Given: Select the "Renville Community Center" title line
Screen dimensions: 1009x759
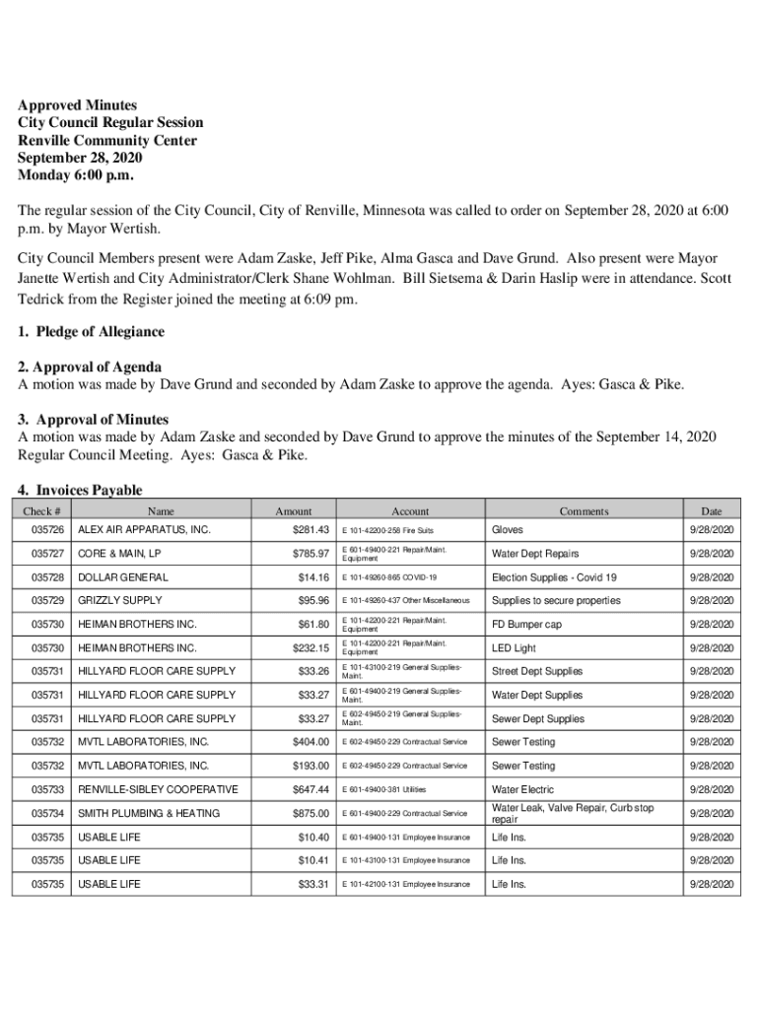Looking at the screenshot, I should click(x=107, y=140).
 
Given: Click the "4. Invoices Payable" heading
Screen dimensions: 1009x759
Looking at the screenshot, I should click(x=80, y=490).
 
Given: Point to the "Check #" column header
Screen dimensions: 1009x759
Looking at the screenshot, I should click(x=43, y=511).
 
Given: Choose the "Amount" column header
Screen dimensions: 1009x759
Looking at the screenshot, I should click(x=294, y=511).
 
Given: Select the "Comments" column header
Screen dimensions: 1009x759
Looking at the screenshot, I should click(x=584, y=511).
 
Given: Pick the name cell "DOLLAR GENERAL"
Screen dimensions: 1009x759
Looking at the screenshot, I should click(x=123, y=577).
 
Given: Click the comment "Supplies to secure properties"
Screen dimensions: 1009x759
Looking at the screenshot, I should click(x=556, y=600).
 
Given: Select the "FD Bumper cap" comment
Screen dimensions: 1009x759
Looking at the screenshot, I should click(x=526, y=625).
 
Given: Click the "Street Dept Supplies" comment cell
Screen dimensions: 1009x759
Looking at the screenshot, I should click(x=537, y=671).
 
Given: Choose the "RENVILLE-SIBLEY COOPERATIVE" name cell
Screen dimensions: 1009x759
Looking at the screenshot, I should click(x=158, y=789).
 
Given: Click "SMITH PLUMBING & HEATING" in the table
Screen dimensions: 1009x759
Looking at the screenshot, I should click(x=149, y=814).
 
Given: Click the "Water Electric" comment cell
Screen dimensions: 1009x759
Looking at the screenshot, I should click(x=522, y=789).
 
